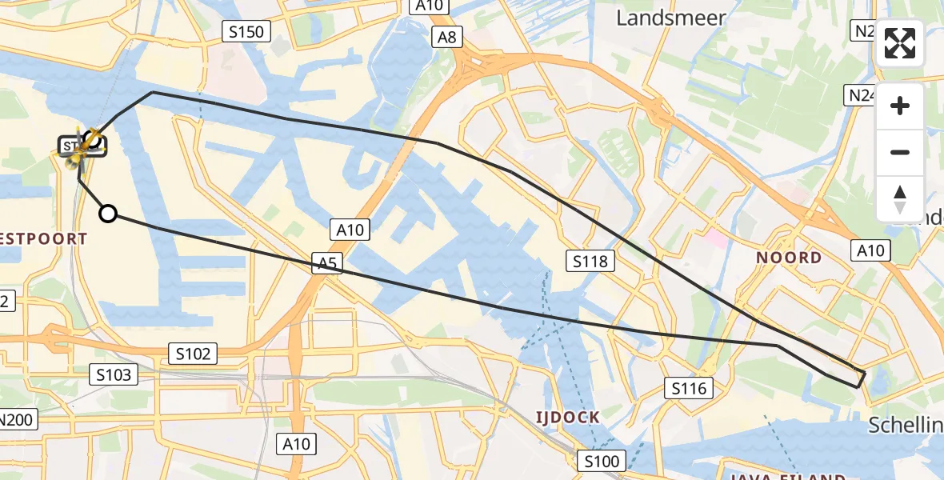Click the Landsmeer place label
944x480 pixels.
tap(670, 18)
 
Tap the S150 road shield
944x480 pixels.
tap(246, 32)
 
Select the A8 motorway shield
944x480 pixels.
tap(446, 37)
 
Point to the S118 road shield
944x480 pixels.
tap(591, 260)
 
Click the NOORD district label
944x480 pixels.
tap(788, 258)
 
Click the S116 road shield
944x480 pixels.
tap(689, 389)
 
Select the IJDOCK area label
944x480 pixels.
tap(567, 418)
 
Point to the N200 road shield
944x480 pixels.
tap(15, 419)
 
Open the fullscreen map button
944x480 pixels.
tap(900, 43)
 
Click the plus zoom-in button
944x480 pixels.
tap(900, 106)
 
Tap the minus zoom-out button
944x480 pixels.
tap(900, 152)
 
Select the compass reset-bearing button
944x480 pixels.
tap(900, 198)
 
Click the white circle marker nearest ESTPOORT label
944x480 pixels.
tap(107, 213)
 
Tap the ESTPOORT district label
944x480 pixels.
tap(44, 238)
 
